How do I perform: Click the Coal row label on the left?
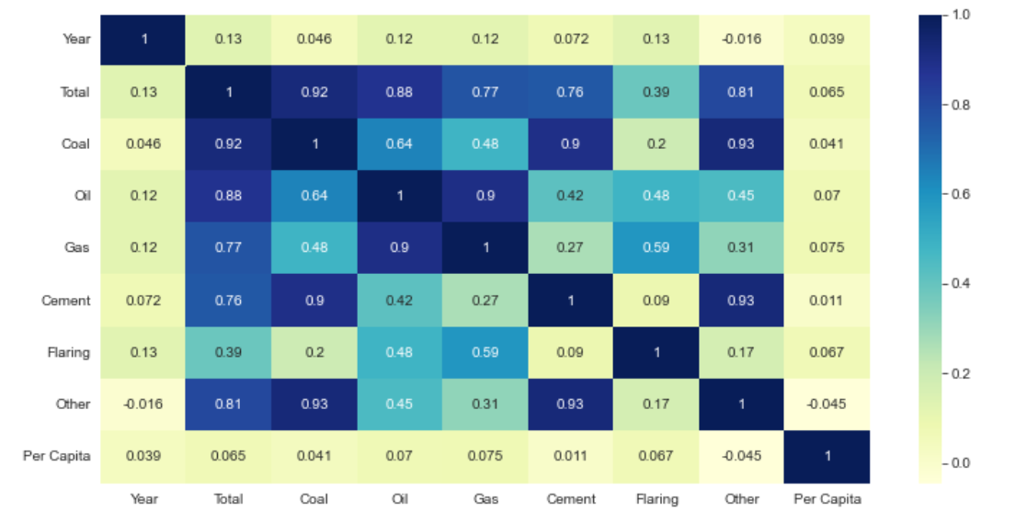coord(75,143)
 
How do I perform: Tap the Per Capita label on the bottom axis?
coord(827,499)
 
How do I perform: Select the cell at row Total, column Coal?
coord(314,92)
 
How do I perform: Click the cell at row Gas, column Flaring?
coord(656,248)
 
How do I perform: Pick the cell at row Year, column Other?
coord(741,40)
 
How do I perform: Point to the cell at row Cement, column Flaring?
coord(656,301)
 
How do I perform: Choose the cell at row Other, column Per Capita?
coord(827,404)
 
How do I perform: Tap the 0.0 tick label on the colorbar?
coord(961,462)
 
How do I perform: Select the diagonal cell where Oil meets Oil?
coord(399,196)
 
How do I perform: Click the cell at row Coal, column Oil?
coord(399,143)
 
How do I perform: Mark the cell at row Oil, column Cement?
coord(570,196)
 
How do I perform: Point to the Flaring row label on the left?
coord(69,353)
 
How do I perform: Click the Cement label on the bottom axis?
coord(570,499)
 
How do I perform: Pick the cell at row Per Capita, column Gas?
coord(485,457)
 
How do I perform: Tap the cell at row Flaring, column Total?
coord(229,353)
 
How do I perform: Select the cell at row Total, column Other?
coord(741,92)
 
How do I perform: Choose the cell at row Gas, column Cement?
coord(570,248)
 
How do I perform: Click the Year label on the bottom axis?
coord(143,499)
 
